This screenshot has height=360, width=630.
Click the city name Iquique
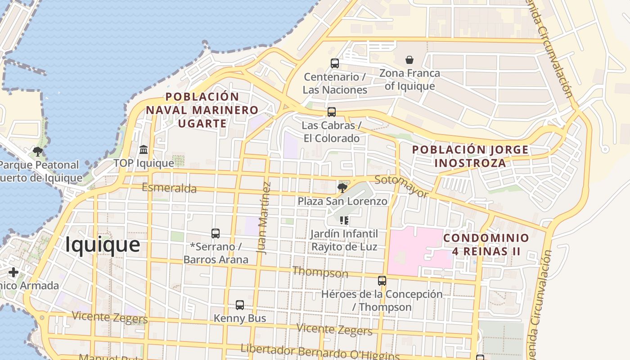(x=103, y=245)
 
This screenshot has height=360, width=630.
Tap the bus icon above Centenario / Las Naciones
(x=334, y=63)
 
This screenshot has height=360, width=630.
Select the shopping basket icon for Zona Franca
(x=409, y=60)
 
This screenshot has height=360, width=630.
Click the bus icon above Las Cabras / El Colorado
(x=332, y=112)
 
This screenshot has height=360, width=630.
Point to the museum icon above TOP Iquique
(x=144, y=149)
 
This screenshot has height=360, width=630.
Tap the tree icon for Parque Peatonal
(x=38, y=152)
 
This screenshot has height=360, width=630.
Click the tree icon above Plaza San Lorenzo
(x=342, y=188)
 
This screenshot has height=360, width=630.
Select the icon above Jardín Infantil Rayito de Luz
(x=344, y=220)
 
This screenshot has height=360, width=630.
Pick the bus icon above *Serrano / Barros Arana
(x=216, y=234)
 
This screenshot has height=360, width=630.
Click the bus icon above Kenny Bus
(x=240, y=305)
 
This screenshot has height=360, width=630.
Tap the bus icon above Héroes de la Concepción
(x=382, y=281)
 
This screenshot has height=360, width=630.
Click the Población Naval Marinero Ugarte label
(x=202, y=110)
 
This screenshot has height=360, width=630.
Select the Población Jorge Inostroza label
(x=470, y=156)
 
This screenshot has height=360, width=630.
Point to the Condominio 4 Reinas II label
(x=486, y=244)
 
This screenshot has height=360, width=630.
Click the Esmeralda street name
(x=169, y=188)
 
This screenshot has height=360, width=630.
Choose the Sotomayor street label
(x=401, y=186)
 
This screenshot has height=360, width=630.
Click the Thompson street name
(x=320, y=272)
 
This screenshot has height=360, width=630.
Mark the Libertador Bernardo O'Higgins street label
(x=320, y=352)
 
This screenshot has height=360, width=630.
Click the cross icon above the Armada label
(x=13, y=272)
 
